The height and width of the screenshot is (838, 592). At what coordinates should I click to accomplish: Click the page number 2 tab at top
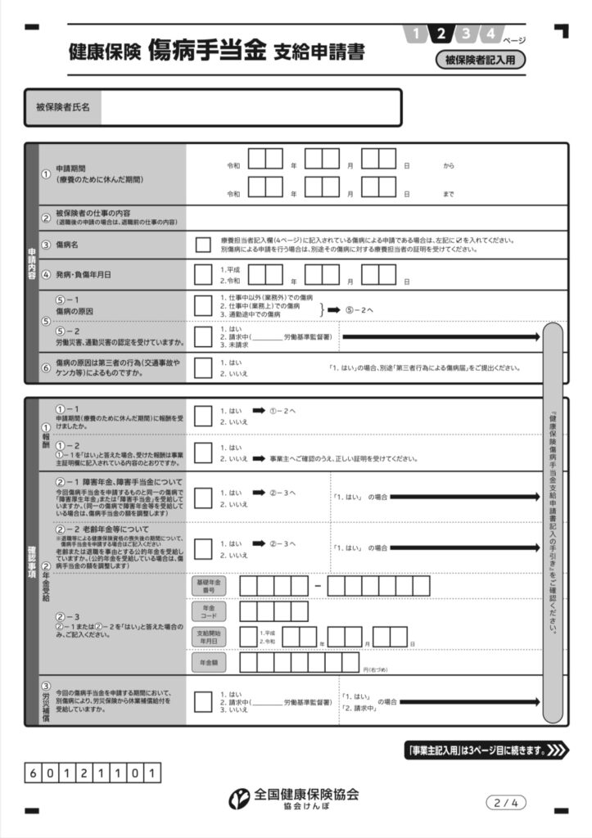point(441,34)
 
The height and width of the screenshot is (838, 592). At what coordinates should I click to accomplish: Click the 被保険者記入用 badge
point(480,59)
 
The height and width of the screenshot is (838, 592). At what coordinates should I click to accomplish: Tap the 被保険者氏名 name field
point(250,107)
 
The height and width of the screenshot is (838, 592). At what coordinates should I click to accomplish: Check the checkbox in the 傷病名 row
point(203,244)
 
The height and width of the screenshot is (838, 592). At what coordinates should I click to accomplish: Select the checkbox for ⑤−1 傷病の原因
point(203,305)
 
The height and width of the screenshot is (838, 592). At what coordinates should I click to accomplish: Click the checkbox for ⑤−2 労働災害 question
point(203,336)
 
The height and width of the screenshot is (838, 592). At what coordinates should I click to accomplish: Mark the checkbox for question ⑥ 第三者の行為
point(203,367)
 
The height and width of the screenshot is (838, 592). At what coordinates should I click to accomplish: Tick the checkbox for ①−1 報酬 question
point(203,415)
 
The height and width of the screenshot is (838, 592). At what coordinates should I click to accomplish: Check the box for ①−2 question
point(203,453)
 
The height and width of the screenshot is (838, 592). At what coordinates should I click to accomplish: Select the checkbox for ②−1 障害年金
point(203,498)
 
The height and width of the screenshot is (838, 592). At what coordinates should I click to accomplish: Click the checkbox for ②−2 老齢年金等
point(203,548)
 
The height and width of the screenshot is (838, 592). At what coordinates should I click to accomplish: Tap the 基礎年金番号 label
point(209,586)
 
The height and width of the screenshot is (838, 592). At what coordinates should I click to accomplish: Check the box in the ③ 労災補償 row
point(203,702)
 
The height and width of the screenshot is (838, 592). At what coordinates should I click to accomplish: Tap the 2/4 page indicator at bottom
point(505,803)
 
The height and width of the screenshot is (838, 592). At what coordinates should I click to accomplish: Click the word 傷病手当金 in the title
point(208,51)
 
